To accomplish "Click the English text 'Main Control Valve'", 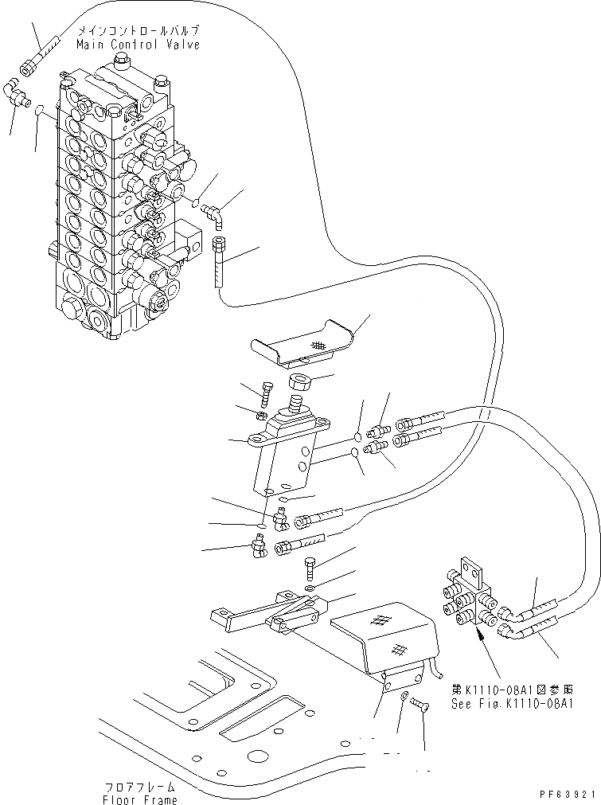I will [x=138, y=45].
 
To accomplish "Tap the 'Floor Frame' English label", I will [x=139, y=799].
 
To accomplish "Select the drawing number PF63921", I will [x=568, y=795].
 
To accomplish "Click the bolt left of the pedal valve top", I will [x=266, y=393].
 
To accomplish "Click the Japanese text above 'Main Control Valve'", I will [x=138, y=32].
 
